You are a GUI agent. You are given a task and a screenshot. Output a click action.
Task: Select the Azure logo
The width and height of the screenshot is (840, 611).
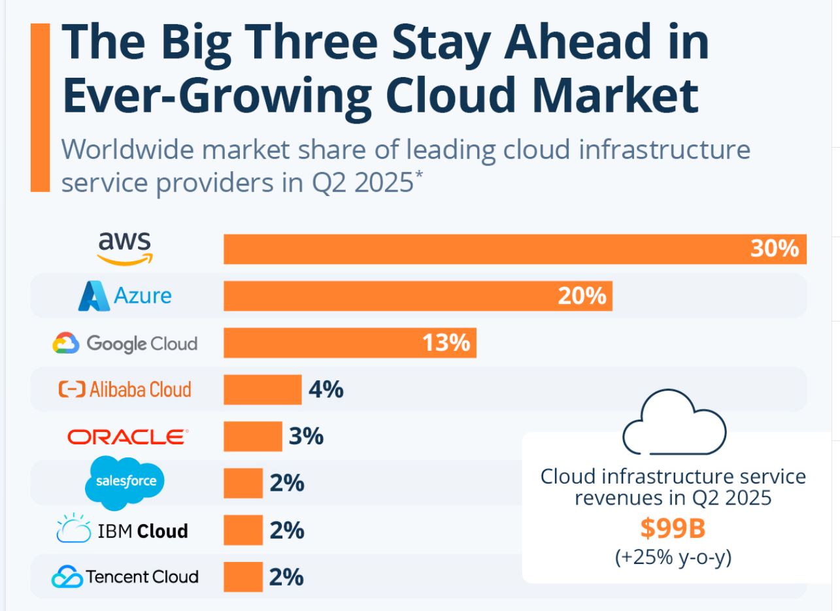pos(125,296)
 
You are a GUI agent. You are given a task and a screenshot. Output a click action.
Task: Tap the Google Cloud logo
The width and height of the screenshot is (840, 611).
pos(124,343)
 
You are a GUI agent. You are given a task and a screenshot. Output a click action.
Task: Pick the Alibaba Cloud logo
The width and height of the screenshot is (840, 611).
pos(125,389)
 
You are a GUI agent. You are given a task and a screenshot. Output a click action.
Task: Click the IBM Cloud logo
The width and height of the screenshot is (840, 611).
pos(122,531)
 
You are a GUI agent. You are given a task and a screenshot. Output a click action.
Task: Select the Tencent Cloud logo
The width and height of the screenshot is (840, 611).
pos(124,577)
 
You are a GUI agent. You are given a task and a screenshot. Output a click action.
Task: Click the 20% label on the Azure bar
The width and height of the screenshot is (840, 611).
pos(582,296)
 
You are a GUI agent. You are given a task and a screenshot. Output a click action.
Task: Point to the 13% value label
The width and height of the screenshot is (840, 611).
pos(446,343)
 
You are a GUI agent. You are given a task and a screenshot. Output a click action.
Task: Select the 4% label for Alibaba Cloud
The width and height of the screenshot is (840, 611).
pos(326,390)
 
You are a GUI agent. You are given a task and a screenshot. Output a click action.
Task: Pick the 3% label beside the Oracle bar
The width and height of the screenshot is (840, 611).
pos(306,437)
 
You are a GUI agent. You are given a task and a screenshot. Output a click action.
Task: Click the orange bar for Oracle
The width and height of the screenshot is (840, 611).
pos(252,437)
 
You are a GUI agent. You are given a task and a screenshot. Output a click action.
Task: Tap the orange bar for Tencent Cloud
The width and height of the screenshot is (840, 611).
pos(243,577)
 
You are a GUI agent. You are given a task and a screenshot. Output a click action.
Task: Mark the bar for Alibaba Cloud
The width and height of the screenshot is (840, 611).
pos(262,389)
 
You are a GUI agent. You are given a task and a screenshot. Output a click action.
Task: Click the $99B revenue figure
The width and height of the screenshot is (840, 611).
pos(673,529)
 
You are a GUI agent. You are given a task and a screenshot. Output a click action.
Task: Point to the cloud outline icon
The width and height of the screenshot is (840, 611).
pos(674,423)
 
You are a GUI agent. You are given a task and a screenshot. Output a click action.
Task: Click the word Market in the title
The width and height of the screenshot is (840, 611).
pos(601,96)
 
